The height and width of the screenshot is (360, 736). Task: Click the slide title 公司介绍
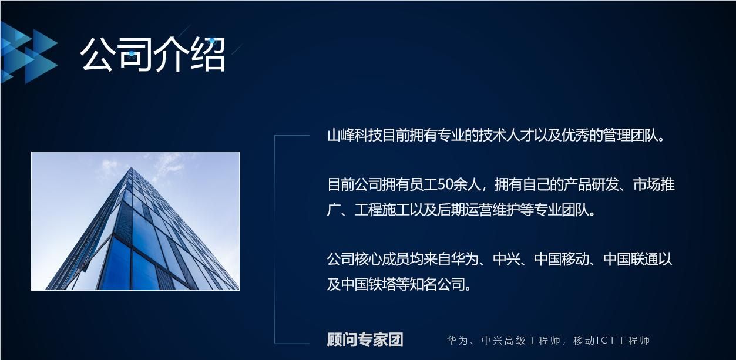153,55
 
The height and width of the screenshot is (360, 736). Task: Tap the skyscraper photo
135,221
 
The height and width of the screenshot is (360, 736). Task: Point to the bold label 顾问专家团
365,340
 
